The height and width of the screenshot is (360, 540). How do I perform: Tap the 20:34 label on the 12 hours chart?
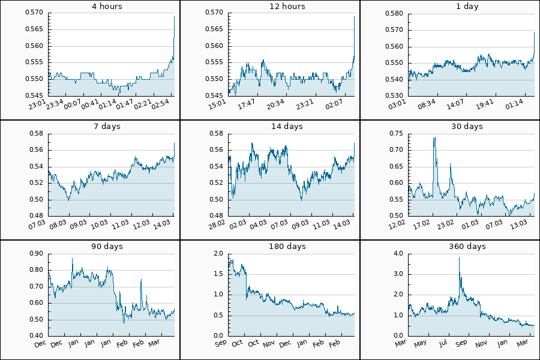coord(276,104)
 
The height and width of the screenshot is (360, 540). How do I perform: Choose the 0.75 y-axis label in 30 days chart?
coord(395,133)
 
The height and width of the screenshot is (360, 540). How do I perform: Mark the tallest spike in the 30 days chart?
coord(434,138)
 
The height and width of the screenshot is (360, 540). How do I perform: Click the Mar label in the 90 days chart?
coord(154,343)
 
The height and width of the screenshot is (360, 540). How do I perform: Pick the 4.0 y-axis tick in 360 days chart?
coord(397,253)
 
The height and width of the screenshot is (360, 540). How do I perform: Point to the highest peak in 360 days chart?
coord(459,257)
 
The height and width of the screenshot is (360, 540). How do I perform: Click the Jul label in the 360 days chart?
coord(443,343)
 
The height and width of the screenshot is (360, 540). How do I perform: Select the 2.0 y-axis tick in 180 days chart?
coord(217,253)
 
